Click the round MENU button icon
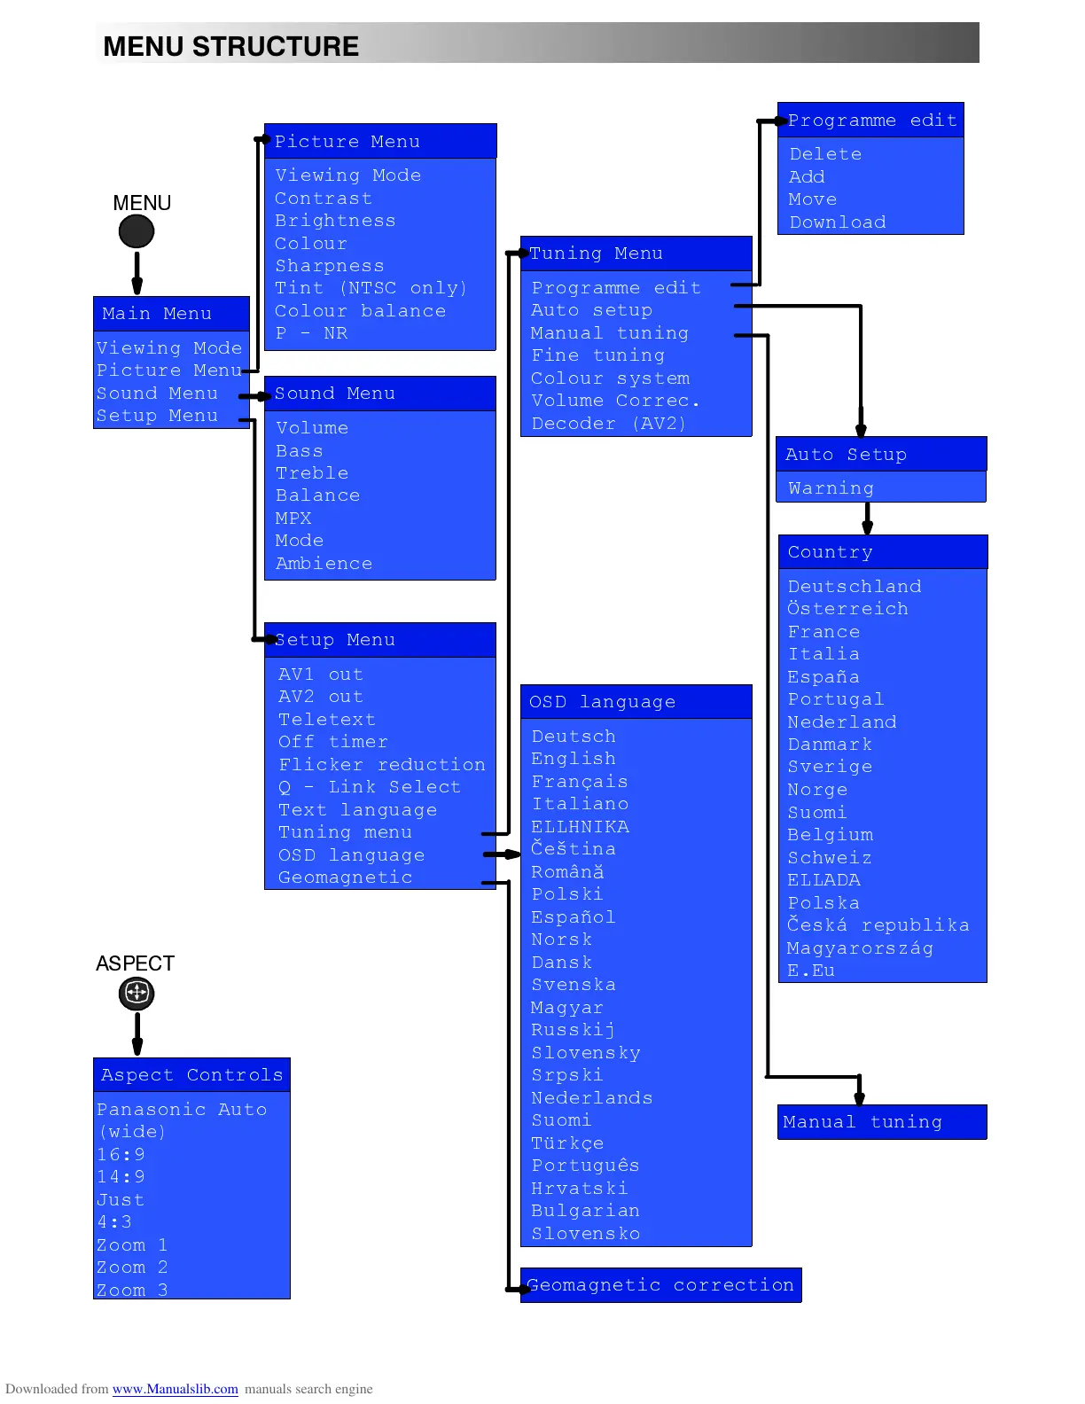tap(137, 231)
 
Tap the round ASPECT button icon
tap(137, 993)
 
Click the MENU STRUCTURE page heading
tap(231, 46)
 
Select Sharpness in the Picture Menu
tap(329, 266)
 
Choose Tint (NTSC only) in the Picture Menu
tap(371, 288)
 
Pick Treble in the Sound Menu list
tap(312, 473)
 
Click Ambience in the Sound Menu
tap(324, 564)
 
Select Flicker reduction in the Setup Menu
tap(381, 765)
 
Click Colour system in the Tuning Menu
tap(610, 378)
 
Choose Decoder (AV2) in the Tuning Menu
tap(608, 424)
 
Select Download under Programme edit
tap(837, 222)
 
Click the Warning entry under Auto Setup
tap(831, 488)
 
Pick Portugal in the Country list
tap(835, 699)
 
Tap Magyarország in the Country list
tap(860, 948)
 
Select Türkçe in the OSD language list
tap(567, 1143)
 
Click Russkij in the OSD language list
tap(573, 1030)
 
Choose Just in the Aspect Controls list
tap(121, 1200)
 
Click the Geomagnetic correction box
tap(660, 1285)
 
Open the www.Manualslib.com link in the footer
tap(175, 1389)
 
